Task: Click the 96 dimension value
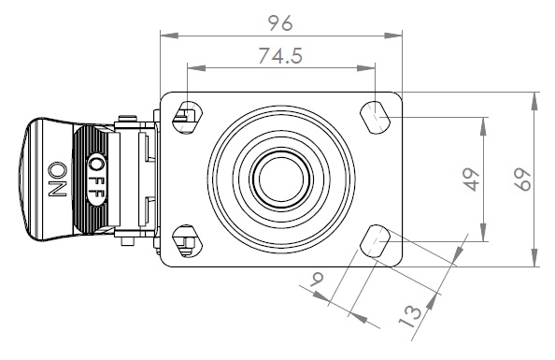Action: [x=280, y=23]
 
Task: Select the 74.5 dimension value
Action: [x=280, y=55]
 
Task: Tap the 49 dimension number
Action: [x=472, y=180]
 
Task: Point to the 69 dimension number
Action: [x=522, y=180]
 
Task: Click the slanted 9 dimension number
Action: [x=317, y=279]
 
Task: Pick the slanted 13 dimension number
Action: [x=410, y=316]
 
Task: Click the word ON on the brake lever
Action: [x=57, y=180]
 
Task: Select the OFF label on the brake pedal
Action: [x=95, y=179]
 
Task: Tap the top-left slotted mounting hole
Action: [x=187, y=117]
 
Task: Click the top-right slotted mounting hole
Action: [x=376, y=117]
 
